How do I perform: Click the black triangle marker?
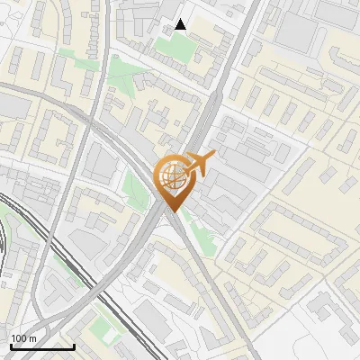tap(181, 24)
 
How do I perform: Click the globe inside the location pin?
tap(170, 176)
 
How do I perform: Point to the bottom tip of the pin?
tap(171, 211)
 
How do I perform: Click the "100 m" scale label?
tap(23, 338)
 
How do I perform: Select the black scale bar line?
tap(42, 346)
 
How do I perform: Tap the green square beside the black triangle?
tap(180, 48)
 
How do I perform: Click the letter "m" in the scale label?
tap(31, 338)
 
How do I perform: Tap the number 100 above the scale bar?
tap(19, 338)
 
